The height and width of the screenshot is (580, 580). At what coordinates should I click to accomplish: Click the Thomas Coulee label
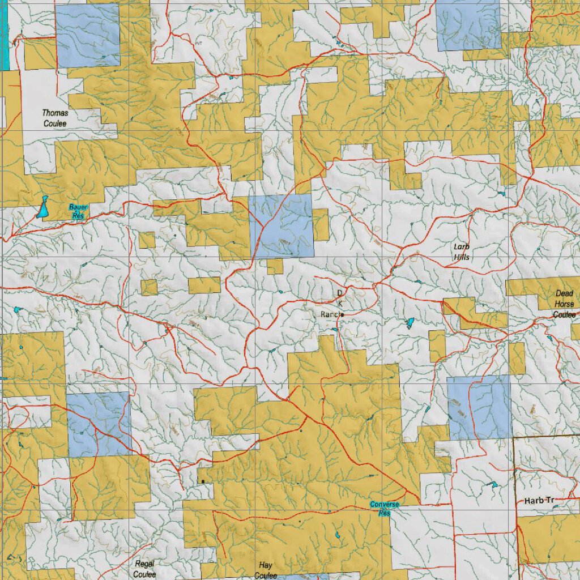55,118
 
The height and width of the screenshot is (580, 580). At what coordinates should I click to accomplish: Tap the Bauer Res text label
78,211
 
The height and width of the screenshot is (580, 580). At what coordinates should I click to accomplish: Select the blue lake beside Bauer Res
42,208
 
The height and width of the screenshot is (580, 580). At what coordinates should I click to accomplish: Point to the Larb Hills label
461,251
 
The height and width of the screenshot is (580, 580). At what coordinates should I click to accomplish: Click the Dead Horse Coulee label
564,304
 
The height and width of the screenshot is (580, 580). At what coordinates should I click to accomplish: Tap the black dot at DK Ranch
343,315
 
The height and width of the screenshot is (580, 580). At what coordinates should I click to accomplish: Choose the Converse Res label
385,508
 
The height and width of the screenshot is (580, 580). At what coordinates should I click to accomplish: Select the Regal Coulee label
144,569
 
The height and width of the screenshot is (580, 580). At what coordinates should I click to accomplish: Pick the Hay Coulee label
265,570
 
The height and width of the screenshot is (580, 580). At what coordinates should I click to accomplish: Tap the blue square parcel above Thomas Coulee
88,35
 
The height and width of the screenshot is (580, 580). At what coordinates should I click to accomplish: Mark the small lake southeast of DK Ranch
410,323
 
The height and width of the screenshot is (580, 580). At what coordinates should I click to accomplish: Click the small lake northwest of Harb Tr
493,485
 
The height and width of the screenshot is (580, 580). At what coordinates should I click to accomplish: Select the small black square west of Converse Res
202,481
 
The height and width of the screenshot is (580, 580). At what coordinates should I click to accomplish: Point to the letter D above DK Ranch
340,293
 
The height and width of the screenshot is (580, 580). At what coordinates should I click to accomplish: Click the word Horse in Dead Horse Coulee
564,304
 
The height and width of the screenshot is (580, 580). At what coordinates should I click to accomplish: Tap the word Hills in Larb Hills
461,257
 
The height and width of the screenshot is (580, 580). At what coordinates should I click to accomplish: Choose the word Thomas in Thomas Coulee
55,113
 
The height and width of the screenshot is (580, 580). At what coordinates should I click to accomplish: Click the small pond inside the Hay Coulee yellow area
338,535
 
